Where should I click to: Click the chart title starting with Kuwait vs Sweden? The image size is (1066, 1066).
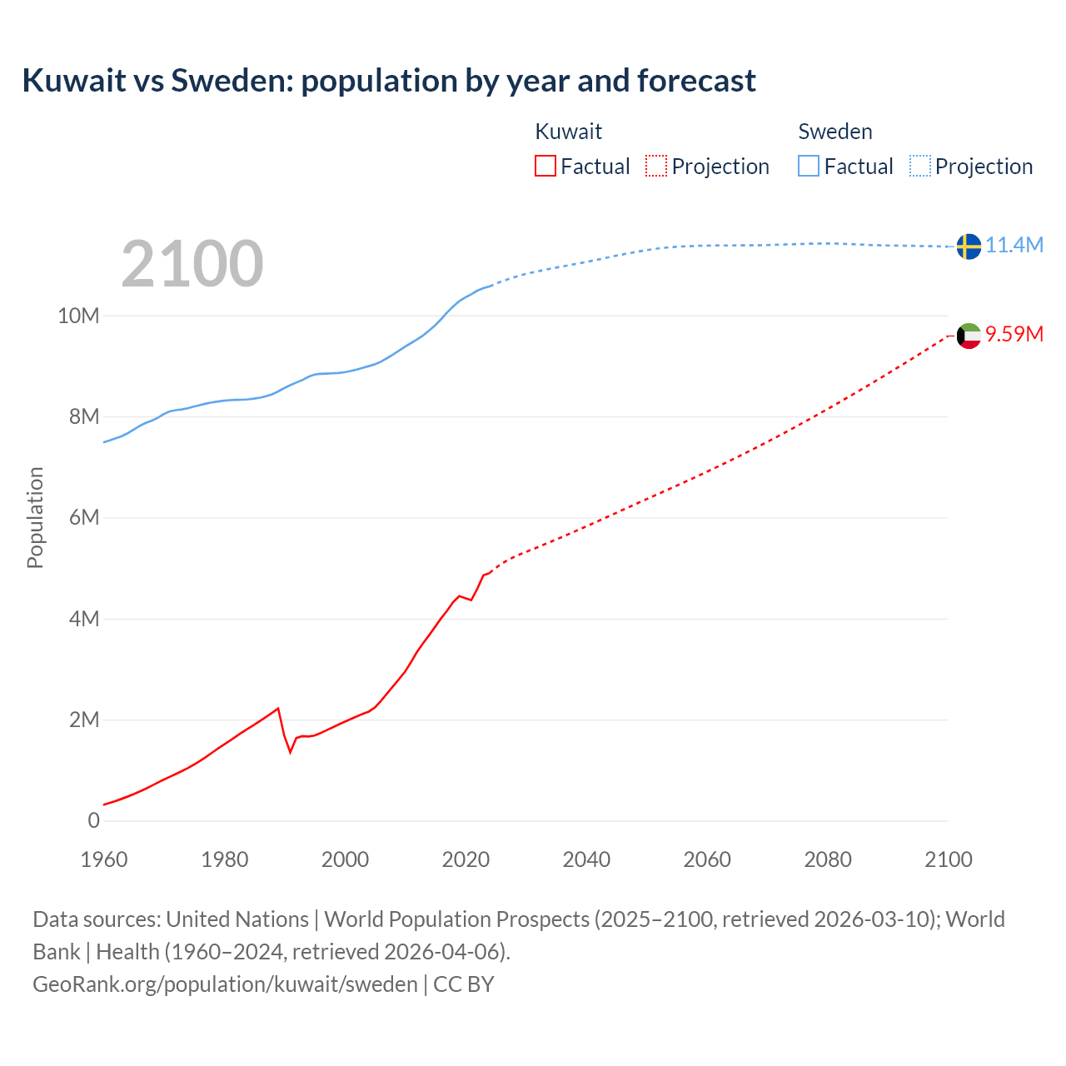pyautogui.click(x=389, y=81)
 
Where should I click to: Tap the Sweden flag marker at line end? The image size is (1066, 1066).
pyautogui.click(x=968, y=247)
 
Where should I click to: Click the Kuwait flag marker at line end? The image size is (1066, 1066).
pyautogui.click(x=968, y=336)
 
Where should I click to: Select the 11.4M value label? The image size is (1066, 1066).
pyautogui.click(x=1014, y=245)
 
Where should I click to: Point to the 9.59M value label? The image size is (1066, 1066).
pyautogui.click(x=1014, y=334)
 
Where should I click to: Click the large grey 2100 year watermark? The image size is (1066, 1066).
pyautogui.click(x=192, y=264)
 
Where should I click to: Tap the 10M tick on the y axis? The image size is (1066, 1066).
pyautogui.click(x=78, y=316)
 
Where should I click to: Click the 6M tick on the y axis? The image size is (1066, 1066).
pyautogui.click(x=83, y=517)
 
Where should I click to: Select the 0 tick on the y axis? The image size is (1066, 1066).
pyautogui.click(x=93, y=820)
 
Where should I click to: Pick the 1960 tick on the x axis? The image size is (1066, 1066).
pyautogui.click(x=104, y=859)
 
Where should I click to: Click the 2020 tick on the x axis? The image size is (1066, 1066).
pyautogui.click(x=466, y=859)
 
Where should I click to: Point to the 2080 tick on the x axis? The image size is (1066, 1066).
pyautogui.click(x=828, y=859)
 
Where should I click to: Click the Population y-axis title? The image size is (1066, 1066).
pyautogui.click(x=35, y=517)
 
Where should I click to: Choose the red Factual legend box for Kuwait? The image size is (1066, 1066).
pyautogui.click(x=545, y=166)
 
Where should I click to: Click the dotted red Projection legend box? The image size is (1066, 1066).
pyautogui.click(x=656, y=166)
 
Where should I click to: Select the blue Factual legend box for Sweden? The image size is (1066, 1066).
pyautogui.click(x=809, y=166)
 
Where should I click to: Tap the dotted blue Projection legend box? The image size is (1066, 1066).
pyautogui.click(x=920, y=166)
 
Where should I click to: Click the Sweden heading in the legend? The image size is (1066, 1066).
pyautogui.click(x=835, y=132)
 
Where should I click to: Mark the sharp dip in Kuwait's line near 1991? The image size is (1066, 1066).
pyautogui.click(x=291, y=751)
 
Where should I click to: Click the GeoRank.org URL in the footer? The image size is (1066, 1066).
pyautogui.click(x=225, y=984)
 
